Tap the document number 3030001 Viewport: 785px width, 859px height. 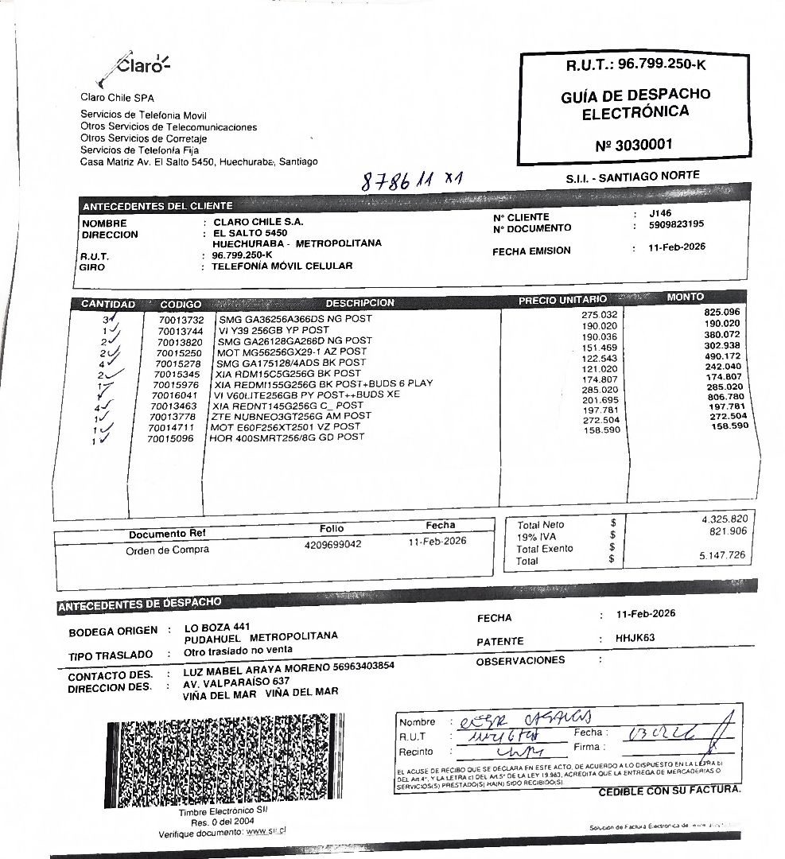[633, 146]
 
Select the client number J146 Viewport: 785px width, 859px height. [660, 213]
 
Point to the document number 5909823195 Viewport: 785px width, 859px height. [676, 224]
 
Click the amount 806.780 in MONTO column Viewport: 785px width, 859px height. [721, 396]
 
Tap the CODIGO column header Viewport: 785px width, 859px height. [181, 305]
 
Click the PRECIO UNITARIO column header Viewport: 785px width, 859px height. [562, 300]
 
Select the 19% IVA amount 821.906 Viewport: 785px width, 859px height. [727, 531]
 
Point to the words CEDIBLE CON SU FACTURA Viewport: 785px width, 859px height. [669, 791]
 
